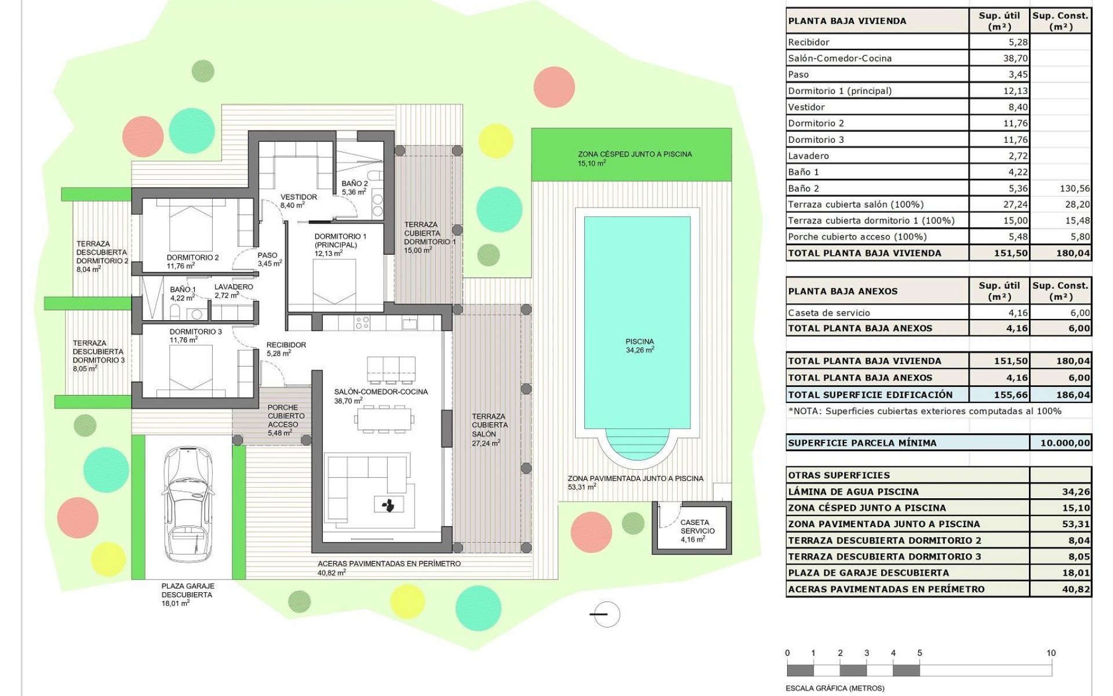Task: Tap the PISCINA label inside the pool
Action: pos(639,342)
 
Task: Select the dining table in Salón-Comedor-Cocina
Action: pos(384,419)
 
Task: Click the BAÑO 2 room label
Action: pos(355,184)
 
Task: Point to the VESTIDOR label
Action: pos(299,197)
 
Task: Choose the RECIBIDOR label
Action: pos(286,345)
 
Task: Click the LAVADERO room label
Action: pos(234,287)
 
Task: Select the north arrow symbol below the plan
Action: pos(605,614)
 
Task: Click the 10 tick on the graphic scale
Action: pos(1051,653)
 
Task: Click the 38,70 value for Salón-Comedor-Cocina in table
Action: pos(999,59)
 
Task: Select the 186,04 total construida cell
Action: pos(1073,395)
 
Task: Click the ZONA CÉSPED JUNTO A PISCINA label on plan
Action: pos(635,154)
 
